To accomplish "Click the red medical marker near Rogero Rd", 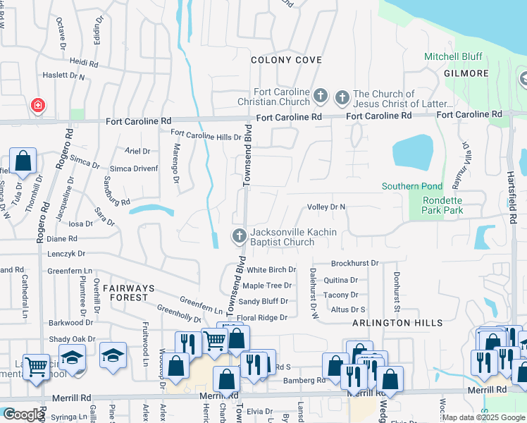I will click(37, 106).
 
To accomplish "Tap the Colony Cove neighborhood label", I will click(287, 61).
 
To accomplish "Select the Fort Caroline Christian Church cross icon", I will click(321, 95).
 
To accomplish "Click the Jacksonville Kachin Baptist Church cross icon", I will click(239, 235).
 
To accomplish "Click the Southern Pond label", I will click(411, 187).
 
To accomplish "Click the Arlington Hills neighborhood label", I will click(398, 323).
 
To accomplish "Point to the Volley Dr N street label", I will click(326, 207).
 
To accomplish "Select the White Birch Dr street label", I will click(271, 270).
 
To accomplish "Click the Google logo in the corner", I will click(22, 415).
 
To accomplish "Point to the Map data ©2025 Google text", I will click(483, 417).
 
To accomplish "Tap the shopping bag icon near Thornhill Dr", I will click(23, 161).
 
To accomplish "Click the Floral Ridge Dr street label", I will click(262, 318).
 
